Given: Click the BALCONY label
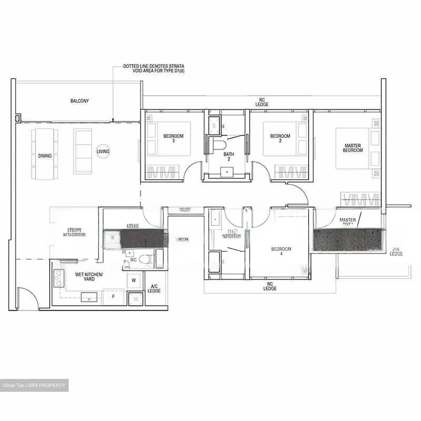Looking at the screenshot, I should [x=80, y=101].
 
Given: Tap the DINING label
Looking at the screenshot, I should [x=45, y=156].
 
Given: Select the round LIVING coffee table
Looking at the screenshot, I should [x=103, y=151].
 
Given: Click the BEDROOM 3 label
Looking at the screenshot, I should [x=173, y=138].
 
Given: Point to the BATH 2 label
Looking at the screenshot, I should [x=229, y=156].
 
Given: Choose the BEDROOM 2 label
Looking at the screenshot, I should [x=280, y=138].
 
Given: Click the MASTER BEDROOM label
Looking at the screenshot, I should [x=353, y=148].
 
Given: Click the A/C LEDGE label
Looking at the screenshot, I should [x=154, y=289].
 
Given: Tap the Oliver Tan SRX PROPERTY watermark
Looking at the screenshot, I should [x=34, y=385].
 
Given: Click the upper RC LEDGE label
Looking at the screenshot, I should [x=262, y=102].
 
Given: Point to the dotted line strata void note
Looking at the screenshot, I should [x=153, y=69].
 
